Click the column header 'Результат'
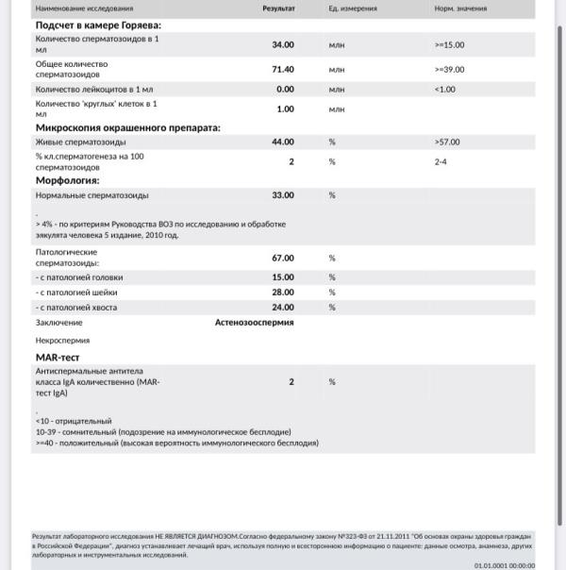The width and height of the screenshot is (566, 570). point(278,7)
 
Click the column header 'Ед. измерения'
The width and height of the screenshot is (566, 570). point(352,7)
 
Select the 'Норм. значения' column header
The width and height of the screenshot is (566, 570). point(460,7)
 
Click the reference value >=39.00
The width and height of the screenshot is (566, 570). point(449,69)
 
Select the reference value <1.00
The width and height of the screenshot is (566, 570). point(444,89)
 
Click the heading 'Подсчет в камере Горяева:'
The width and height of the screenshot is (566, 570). point(97,25)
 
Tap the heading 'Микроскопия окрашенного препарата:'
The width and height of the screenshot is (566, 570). point(127,126)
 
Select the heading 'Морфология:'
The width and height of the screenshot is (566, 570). point(67,179)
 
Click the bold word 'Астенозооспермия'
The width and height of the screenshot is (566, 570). point(254,323)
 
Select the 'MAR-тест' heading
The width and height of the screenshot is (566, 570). point(58,358)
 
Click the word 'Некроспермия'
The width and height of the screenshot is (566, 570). point(62,340)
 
